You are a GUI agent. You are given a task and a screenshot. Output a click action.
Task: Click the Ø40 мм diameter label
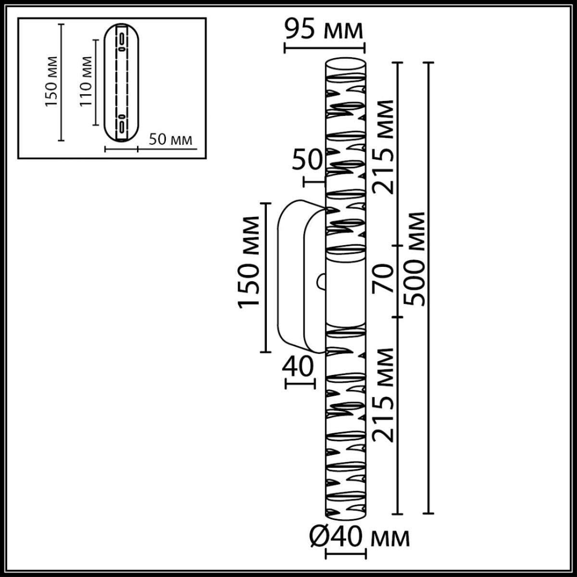click(x=358, y=538)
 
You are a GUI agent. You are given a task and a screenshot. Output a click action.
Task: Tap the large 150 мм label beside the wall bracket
click(x=250, y=261)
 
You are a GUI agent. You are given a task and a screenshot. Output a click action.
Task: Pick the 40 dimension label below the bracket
click(x=298, y=368)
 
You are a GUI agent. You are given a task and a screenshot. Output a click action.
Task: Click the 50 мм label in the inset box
click(x=171, y=140)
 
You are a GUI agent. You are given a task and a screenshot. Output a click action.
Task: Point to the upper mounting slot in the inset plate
click(x=122, y=41)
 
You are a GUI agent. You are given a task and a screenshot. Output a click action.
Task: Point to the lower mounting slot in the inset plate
click(x=122, y=124)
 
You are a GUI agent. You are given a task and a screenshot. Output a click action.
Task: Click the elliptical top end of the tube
click(x=345, y=65)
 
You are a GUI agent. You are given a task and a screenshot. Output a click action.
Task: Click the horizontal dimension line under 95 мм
click(x=325, y=47)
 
